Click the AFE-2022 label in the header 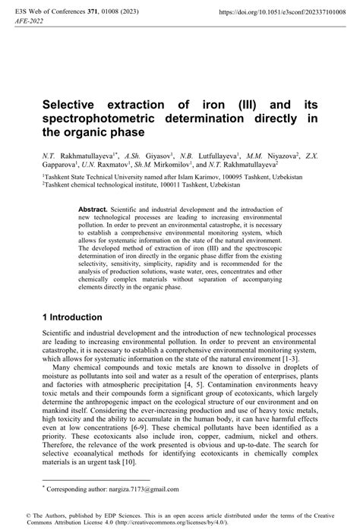coord(31,24)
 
